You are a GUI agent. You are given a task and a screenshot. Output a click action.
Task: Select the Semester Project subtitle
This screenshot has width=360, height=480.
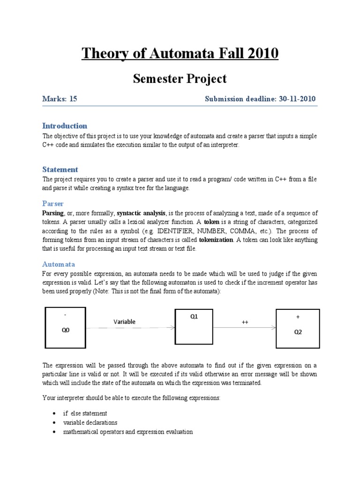point(180,79)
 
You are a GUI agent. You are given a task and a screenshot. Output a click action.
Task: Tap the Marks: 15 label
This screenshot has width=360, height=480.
point(60,99)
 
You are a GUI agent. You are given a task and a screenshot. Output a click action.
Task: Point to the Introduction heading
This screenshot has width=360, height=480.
point(65,126)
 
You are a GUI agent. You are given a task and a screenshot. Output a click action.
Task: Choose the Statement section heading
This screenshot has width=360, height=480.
point(60,169)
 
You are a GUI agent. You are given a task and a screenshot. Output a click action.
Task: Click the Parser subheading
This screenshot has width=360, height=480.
point(53,203)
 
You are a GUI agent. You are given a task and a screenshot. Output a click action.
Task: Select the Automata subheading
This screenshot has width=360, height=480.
point(59,264)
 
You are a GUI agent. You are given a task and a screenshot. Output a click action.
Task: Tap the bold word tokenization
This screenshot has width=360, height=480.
point(216,240)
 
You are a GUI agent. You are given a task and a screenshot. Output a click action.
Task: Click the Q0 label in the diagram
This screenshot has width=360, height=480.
point(66,330)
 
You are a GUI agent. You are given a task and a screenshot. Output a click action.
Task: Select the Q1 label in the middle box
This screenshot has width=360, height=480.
point(194,316)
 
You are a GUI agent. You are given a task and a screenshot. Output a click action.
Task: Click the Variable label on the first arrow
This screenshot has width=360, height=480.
point(125,322)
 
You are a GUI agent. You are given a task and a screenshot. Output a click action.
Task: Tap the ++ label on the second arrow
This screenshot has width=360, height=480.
point(245,322)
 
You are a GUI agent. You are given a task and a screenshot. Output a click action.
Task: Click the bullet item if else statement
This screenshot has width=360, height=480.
point(85,413)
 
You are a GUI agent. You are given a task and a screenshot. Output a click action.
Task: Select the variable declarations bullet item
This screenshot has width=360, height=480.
point(90,422)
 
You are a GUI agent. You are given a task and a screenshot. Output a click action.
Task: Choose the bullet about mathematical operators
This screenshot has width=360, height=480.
point(128,432)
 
